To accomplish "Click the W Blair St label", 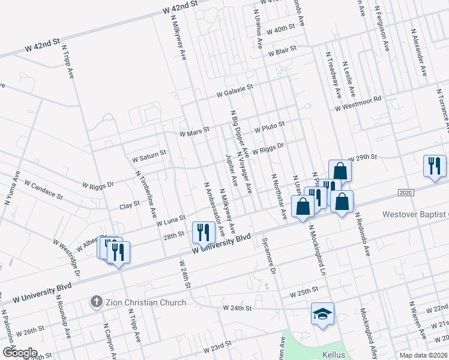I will click(x=283, y=53).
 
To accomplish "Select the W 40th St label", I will click(x=280, y=28).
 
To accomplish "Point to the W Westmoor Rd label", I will click(x=358, y=104).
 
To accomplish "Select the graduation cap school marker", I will click(x=322, y=313).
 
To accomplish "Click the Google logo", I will click(x=19, y=353).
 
